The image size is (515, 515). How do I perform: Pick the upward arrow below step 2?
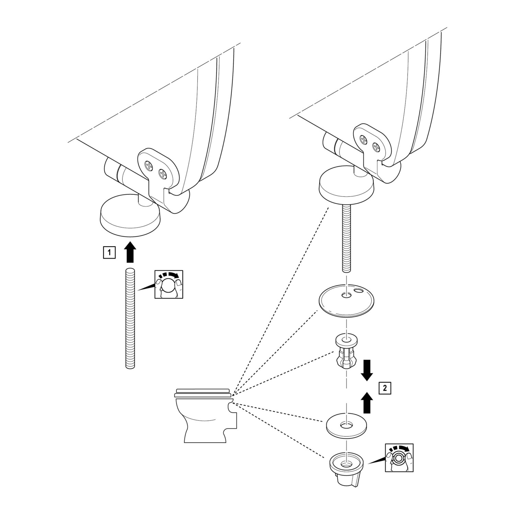[x=367, y=403]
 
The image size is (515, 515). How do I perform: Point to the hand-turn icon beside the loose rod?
[x=169, y=284]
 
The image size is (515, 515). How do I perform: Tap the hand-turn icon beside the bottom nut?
[x=399, y=458]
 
